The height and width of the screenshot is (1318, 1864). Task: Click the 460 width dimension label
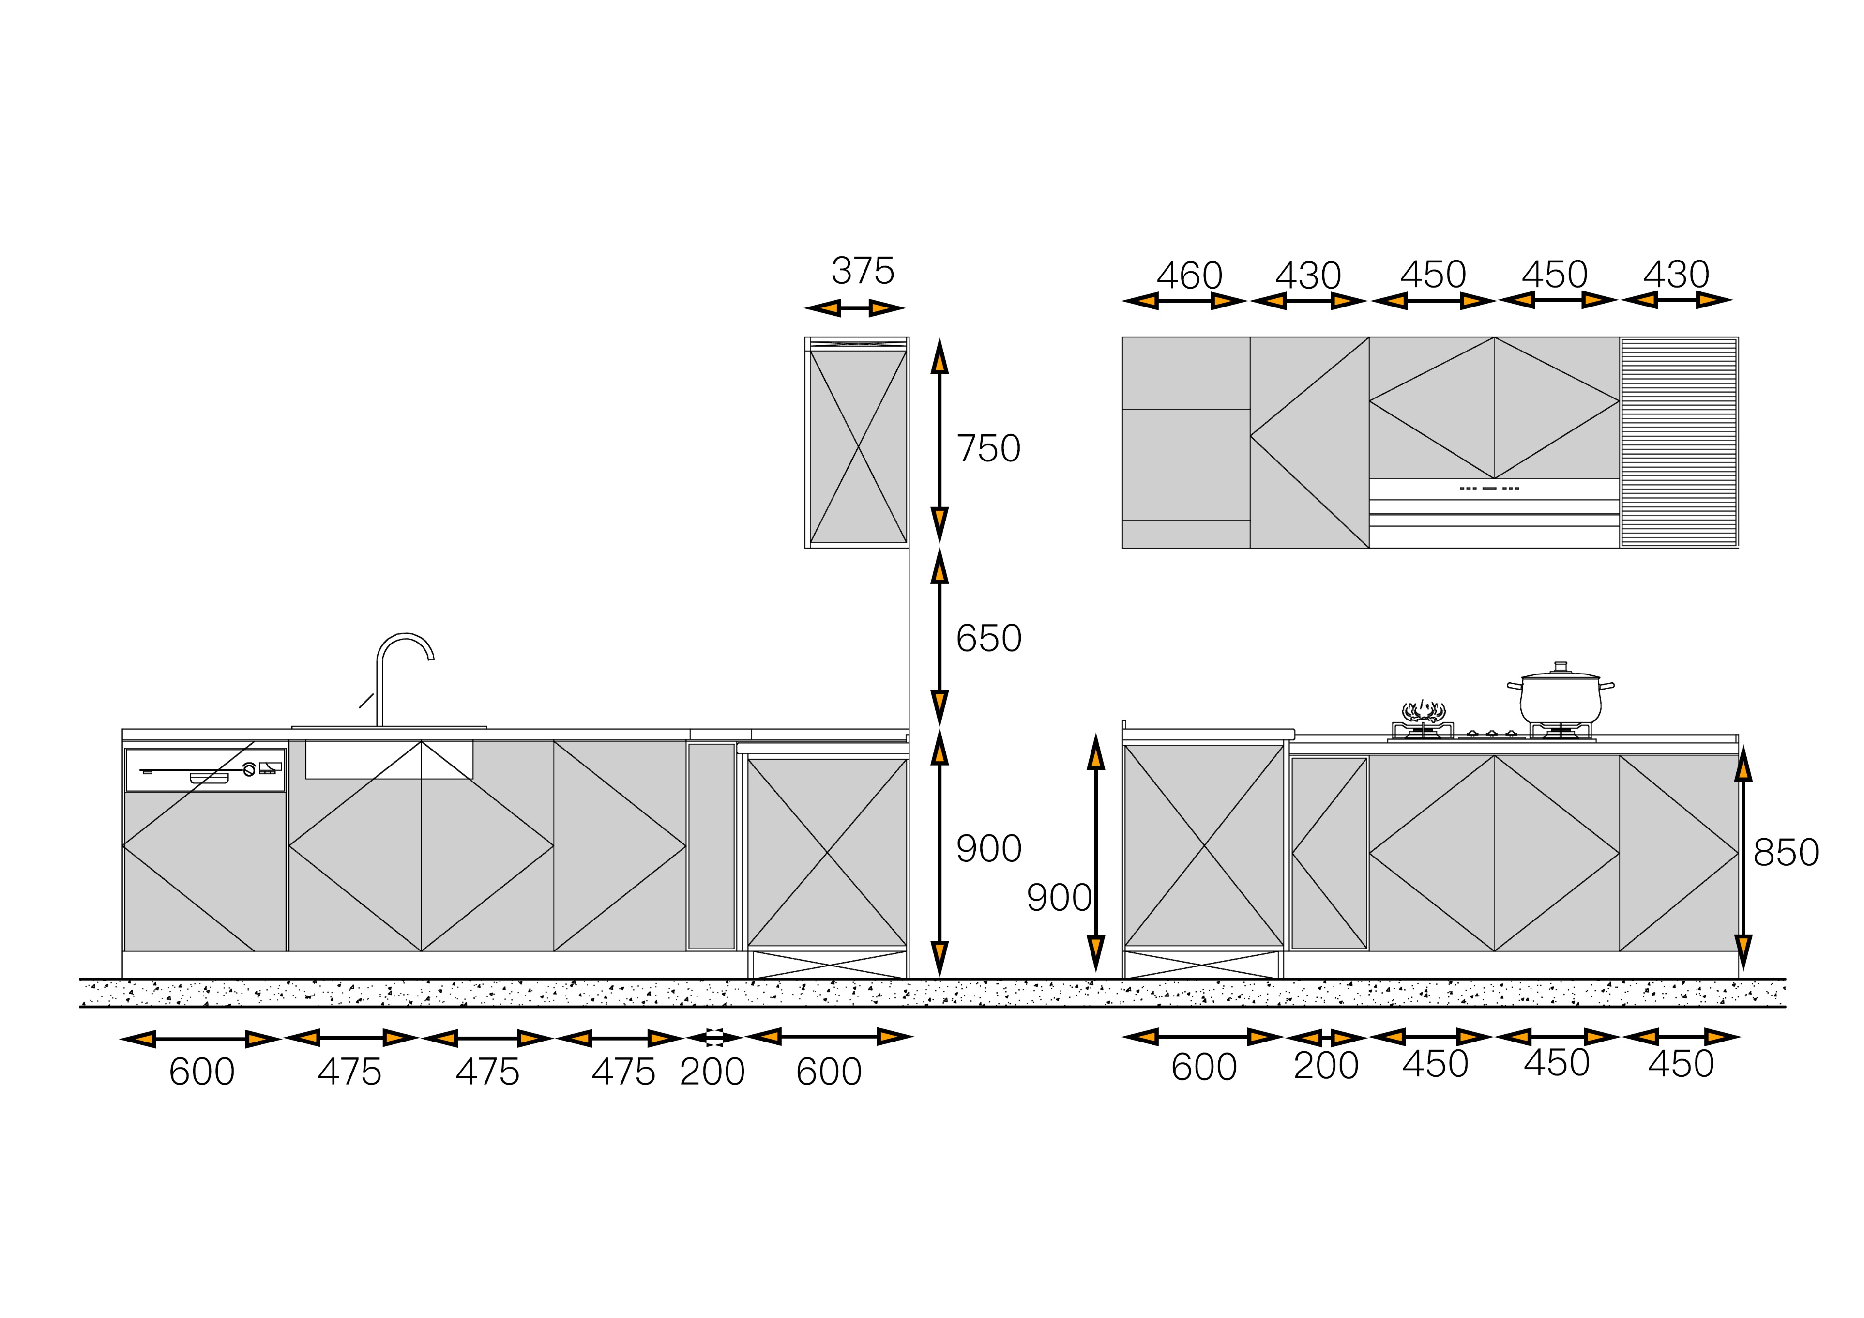[x=1189, y=276]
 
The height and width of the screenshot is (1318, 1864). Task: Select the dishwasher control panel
[x=205, y=770]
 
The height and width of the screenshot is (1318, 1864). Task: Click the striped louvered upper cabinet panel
[x=1679, y=443]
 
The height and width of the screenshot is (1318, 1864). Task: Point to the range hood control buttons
[x=1489, y=488]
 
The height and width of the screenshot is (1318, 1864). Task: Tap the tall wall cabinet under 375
[x=857, y=443]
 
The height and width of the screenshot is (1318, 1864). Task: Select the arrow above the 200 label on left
[x=714, y=1037]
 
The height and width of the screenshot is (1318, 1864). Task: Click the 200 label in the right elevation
[x=1326, y=1065]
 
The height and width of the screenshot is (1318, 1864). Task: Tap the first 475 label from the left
[x=349, y=1072]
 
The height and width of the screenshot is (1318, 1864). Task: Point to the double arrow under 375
[x=855, y=308]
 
